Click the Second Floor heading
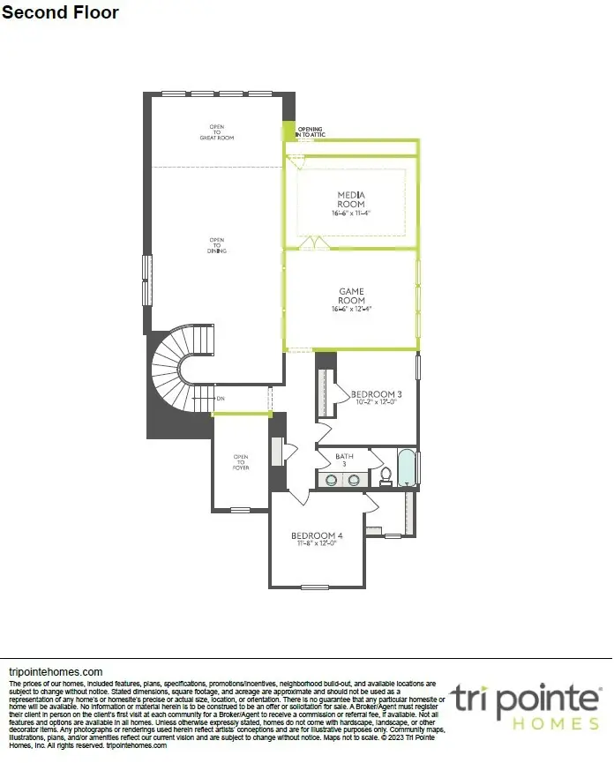pyautogui.click(x=60, y=12)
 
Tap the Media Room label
pyautogui.click(x=350, y=198)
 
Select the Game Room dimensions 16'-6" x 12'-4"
pyautogui.click(x=351, y=310)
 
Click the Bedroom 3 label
pyautogui.click(x=377, y=394)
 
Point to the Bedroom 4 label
pyautogui.click(x=317, y=535)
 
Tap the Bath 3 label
pyautogui.click(x=344, y=459)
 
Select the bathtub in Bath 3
pyautogui.click(x=406, y=468)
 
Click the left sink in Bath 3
pyautogui.click(x=333, y=480)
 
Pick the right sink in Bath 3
pyautogui.click(x=353, y=480)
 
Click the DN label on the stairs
pyautogui.click(x=220, y=399)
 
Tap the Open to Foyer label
pyautogui.click(x=241, y=461)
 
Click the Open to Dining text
pyautogui.click(x=217, y=245)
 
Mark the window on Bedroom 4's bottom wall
pyautogui.click(x=314, y=587)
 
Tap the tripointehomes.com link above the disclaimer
pyautogui.click(x=55, y=671)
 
